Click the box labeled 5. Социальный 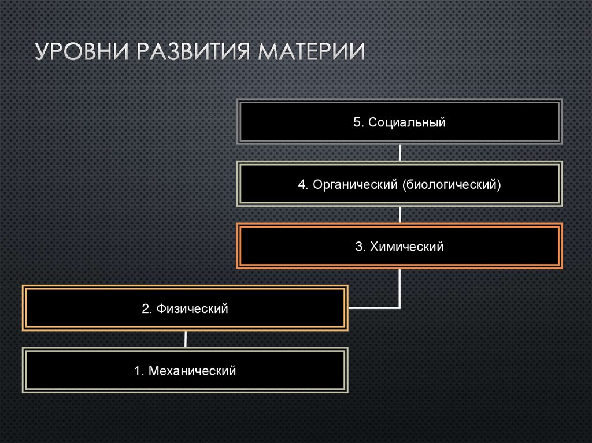click(399, 122)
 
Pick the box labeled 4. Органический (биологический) click(399, 185)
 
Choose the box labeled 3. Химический click(399, 247)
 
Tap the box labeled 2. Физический click(185, 309)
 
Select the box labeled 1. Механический click(185, 371)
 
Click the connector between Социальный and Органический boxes click(400, 153)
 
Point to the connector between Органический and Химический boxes click(400, 215)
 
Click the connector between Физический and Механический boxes click(185, 339)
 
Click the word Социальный click(407, 122)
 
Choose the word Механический click(192, 371)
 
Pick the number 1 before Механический click(138, 371)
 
